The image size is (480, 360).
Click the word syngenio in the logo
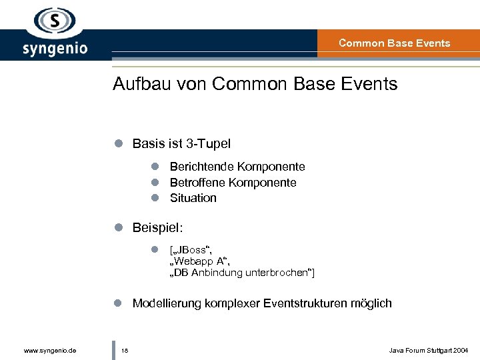[x=55, y=49]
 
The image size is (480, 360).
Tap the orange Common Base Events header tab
[x=395, y=43]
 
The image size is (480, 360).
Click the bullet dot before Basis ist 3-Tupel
[x=117, y=143]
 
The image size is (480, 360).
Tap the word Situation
[x=193, y=198]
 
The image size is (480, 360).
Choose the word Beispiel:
[x=157, y=228]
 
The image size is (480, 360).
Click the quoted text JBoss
[x=191, y=250]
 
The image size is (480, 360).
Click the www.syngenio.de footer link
[x=49, y=350]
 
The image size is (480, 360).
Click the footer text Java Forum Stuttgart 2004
[x=429, y=350]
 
